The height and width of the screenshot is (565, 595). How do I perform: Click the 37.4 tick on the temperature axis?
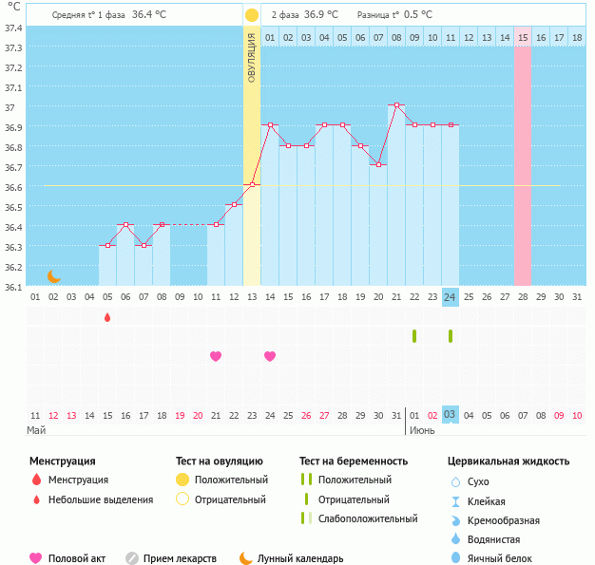coord(13,28)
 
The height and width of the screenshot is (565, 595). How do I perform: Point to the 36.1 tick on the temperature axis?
coord(13,286)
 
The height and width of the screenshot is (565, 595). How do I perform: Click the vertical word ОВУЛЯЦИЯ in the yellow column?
coord(252,57)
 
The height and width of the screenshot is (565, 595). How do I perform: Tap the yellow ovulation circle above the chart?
coord(251,15)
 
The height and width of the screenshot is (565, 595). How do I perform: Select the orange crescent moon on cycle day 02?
coord(54,275)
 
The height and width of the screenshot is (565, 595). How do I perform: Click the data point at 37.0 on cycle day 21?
coord(396,104)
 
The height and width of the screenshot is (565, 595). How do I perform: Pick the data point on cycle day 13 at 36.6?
coord(252,184)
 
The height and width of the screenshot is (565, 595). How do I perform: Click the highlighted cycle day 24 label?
coord(451,296)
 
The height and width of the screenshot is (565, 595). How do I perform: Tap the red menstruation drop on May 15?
coord(107,317)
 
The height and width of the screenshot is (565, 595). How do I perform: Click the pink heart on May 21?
coord(216,356)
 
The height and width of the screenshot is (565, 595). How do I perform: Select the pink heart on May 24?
coord(270,356)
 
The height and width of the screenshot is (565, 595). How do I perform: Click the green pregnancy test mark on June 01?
coord(414,335)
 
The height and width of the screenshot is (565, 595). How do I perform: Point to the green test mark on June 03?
coord(451,335)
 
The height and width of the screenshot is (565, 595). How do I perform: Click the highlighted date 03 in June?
coord(451,415)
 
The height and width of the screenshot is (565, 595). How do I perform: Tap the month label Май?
coord(35,430)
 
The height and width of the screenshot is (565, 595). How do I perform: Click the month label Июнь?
coord(423,430)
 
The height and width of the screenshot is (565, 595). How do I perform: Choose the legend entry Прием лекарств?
coord(180,558)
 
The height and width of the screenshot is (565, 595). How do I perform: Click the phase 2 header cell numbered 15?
coord(523,37)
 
